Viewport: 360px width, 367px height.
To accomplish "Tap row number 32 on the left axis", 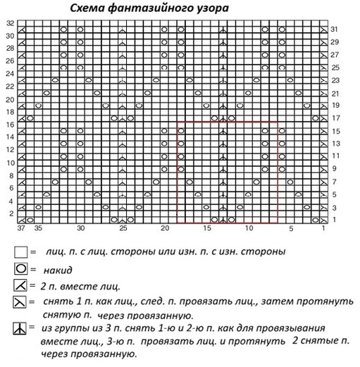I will pyautogui.click(x=9, y=23).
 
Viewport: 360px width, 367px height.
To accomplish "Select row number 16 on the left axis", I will pyautogui.click(x=9, y=125).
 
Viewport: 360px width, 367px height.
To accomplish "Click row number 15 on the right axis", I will pyautogui.click(x=336, y=132).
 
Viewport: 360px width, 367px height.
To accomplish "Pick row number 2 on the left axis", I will pyautogui.click(x=11, y=213).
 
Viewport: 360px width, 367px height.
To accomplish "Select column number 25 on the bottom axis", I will pyautogui.click(x=123, y=230).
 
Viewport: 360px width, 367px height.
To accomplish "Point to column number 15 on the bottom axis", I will pyautogui.click(x=207, y=230).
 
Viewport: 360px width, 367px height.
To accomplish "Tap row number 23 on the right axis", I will pyautogui.click(x=336, y=81).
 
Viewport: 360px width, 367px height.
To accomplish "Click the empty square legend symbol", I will pyautogui.click(x=20, y=251).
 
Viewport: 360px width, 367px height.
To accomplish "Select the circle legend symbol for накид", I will pyautogui.click(x=20, y=268).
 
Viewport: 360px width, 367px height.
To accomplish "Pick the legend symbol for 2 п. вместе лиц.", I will pyautogui.click(x=20, y=286).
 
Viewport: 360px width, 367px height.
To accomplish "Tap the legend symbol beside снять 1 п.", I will pyautogui.click(x=20, y=303).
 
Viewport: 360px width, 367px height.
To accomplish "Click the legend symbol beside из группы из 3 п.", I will pyautogui.click(x=20, y=329).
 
